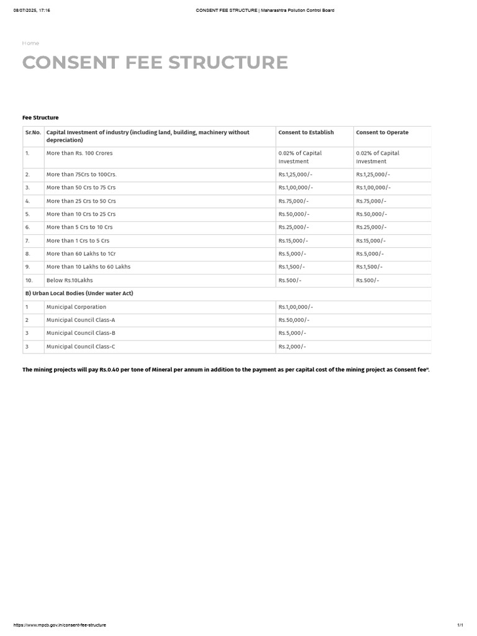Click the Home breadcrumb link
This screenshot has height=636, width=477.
coord(30,43)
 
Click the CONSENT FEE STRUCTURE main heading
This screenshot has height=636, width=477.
coord(155,63)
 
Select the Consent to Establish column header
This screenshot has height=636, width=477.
coord(306,132)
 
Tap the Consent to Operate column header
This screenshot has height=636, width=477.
coord(382,132)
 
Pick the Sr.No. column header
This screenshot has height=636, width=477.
coord(33,132)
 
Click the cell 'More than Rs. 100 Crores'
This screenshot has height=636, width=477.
coord(79,153)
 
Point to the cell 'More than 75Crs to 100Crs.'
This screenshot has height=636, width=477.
coord(81,175)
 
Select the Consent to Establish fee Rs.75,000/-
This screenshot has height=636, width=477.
coord(293,201)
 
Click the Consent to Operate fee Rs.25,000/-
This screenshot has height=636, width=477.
coord(371,227)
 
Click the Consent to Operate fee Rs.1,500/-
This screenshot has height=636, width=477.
coord(369,267)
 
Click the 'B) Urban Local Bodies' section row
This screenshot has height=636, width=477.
coord(79,293)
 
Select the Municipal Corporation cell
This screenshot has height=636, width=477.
coord(76,307)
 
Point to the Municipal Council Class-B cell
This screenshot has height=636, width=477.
coord(81,333)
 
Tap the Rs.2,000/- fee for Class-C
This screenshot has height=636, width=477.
coord(292,347)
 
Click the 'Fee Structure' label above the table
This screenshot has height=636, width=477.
coord(40,117)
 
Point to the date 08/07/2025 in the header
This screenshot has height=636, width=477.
coord(25,11)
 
